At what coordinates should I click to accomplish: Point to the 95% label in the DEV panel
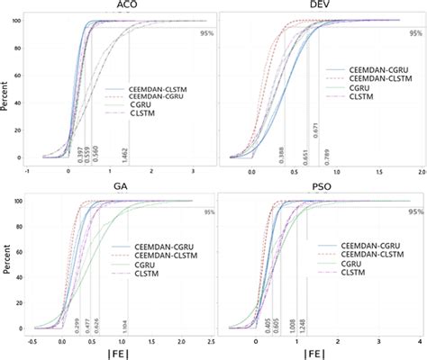coord(414,33)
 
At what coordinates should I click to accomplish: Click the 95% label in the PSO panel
coord(414,212)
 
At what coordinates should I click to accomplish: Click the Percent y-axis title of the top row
coord(8,88)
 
